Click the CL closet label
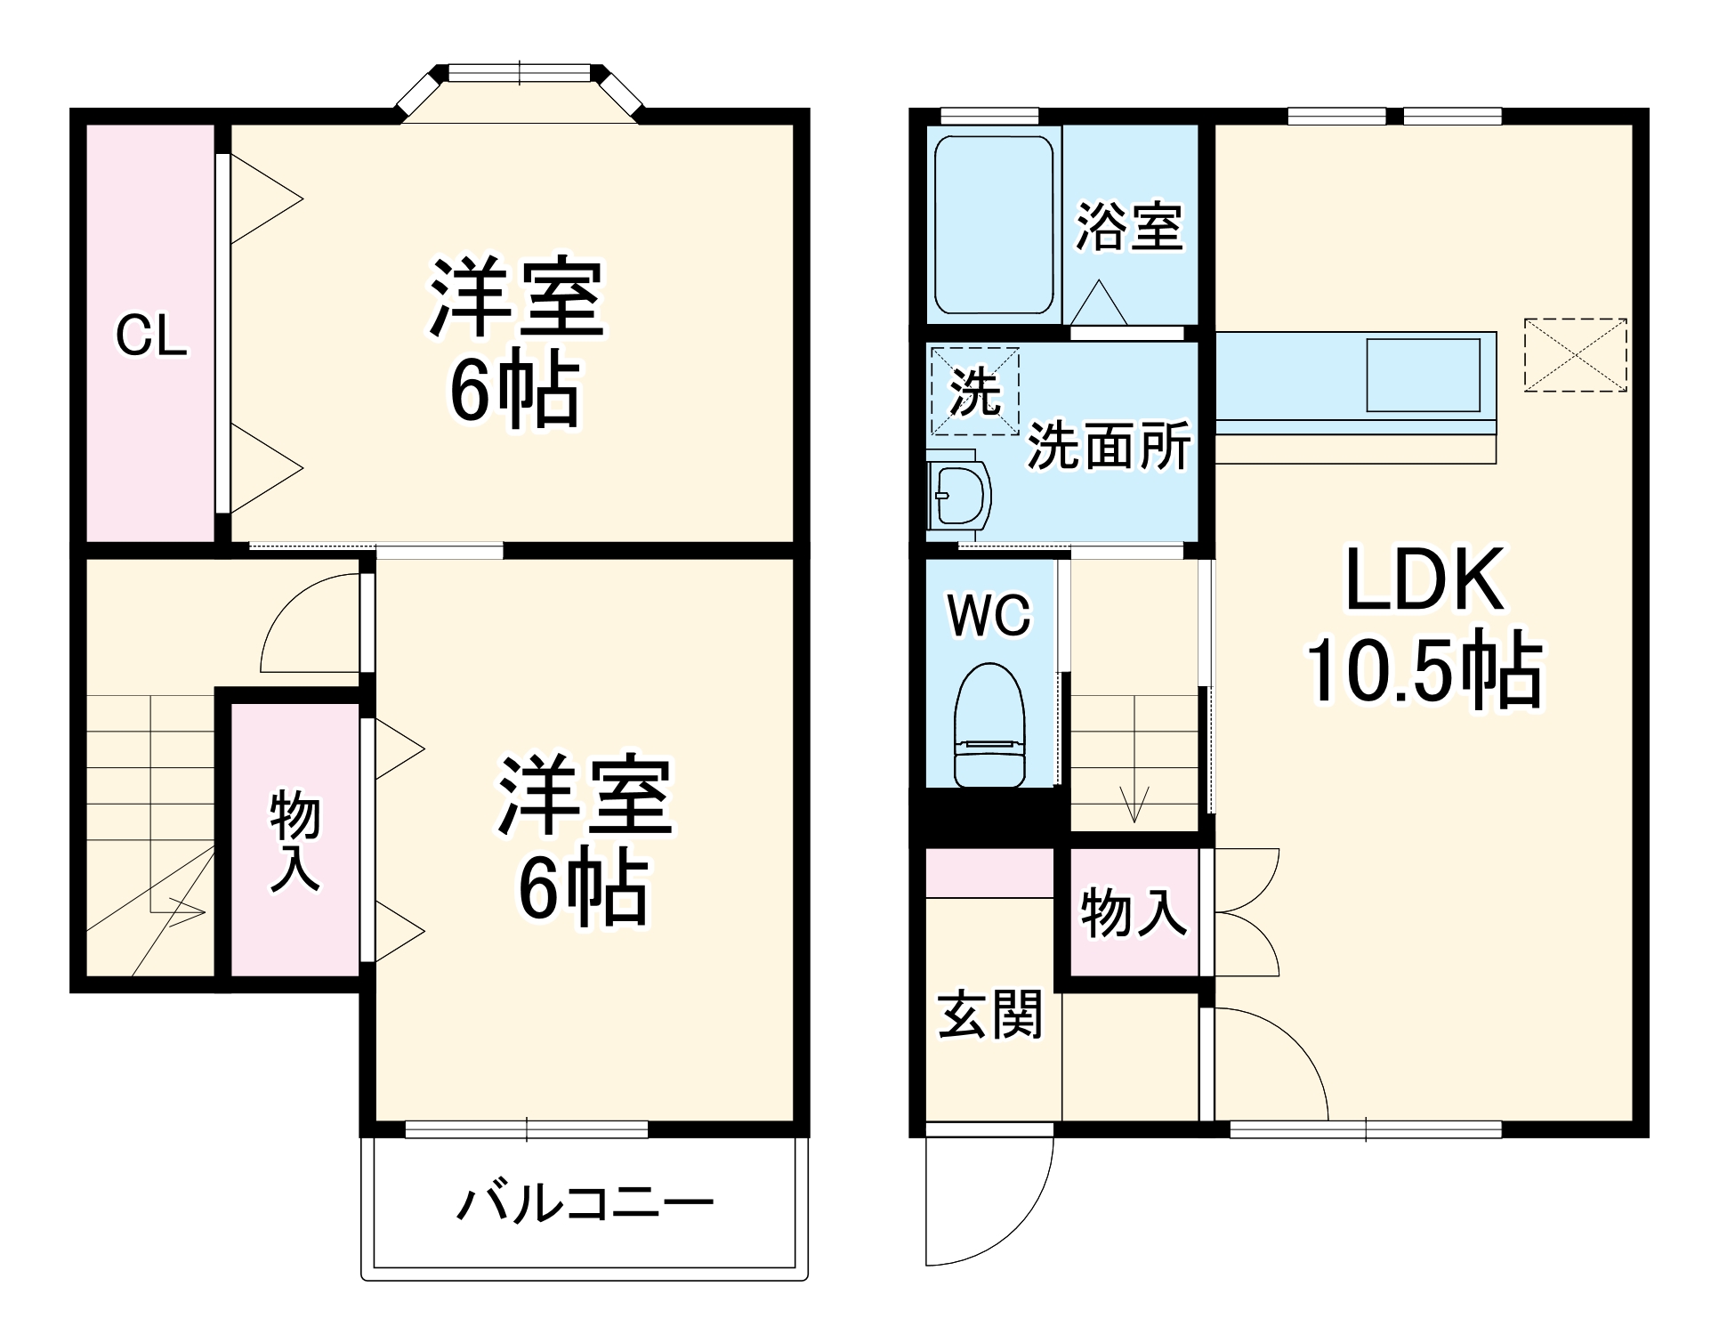[151, 336]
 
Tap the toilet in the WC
[989, 725]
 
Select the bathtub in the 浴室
[993, 224]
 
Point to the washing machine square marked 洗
[974, 391]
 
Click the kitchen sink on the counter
[1423, 375]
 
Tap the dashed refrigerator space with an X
[1575, 354]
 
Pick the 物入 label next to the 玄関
[1133, 912]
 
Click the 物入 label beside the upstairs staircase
[295, 839]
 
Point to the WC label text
[989, 614]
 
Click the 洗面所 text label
[1109, 445]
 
